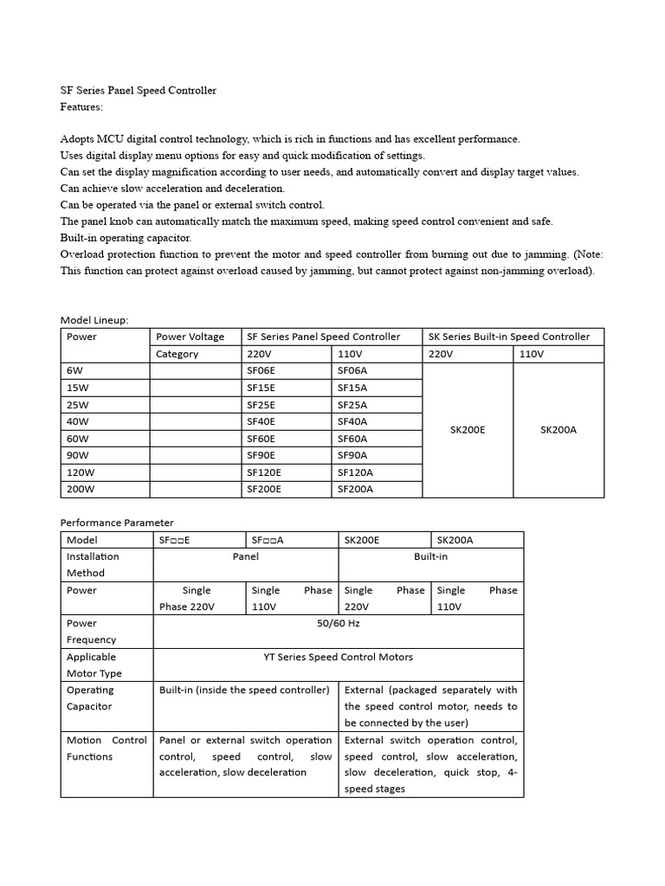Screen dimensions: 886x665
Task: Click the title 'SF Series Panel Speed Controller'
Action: click(x=138, y=90)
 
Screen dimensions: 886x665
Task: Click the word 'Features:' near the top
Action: click(x=81, y=106)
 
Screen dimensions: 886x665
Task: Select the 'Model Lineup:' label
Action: click(x=94, y=320)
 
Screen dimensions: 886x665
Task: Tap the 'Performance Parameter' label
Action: click(x=117, y=523)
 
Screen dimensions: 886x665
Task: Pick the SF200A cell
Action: click(x=355, y=489)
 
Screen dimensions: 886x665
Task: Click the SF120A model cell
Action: click(x=355, y=472)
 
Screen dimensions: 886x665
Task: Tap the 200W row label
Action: click(x=81, y=489)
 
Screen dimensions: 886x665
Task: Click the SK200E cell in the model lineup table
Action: click(x=468, y=429)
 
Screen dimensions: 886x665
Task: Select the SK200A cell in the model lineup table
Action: click(x=558, y=429)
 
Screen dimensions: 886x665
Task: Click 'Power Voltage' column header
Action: click(x=190, y=337)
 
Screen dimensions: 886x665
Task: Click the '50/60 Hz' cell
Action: click(x=338, y=623)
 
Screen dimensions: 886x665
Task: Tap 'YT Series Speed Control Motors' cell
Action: click(x=338, y=657)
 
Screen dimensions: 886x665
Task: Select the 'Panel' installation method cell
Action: click(x=246, y=556)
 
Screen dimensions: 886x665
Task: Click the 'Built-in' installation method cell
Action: click(x=430, y=556)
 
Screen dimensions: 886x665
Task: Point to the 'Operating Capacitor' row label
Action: click(x=90, y=698)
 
